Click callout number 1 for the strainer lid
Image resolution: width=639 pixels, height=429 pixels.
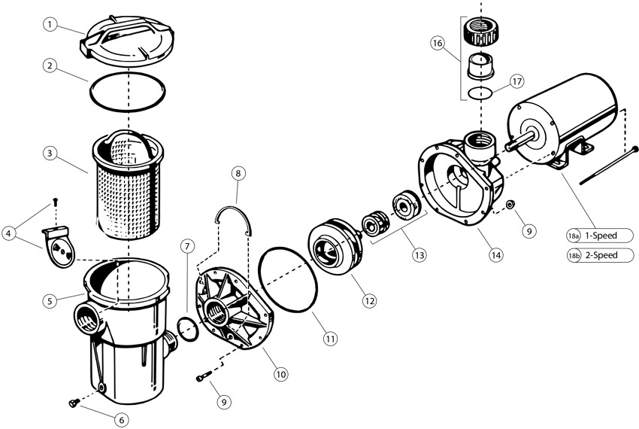click(49, 25)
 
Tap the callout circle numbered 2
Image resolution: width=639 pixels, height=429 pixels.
click(49, 65)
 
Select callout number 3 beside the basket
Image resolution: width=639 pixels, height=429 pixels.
click(49, 154)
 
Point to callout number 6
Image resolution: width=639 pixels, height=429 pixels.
click(121, 419)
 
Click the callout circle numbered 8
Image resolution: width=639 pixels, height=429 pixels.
click(238, 173)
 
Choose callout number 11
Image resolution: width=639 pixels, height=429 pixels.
click(330, 339)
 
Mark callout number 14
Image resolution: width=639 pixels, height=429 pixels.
click(495, 255)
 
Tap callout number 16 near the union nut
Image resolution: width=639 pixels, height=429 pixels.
click(437, 44)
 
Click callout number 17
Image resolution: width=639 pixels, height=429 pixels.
click(516, 80)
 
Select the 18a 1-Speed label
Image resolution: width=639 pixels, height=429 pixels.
click(601, 236)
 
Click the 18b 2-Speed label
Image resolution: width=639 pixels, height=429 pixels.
click(601, 255)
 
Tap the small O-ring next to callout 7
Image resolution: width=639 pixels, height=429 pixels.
click(186, 327)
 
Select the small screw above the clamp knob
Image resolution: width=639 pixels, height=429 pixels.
click(54, 201)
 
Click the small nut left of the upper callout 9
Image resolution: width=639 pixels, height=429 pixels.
click(510, 205)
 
